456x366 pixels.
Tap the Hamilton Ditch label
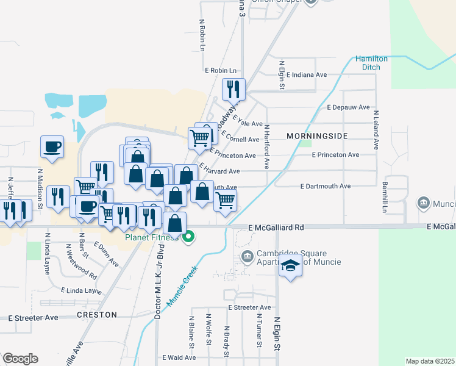click(x=371, y=62)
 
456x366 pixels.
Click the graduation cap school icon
click(x=291, y=267)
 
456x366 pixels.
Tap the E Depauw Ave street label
click(x=348, y=107)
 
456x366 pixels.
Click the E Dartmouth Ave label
click(x=326, y=186)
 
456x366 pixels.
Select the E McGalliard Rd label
click(x=276, y=227)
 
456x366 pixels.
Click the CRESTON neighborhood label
click(x=97, y=315)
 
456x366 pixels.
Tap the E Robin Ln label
click(x=220, y=71)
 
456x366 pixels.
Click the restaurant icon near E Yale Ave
click(x=233, y=90)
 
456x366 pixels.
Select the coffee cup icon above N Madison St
click(x=52, y=146)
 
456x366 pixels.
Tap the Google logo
click(x=20, y=359)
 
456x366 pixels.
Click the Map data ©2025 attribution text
click(x=430, y=361)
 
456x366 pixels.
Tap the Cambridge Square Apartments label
click(x=291, y=257)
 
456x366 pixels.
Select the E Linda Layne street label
click(x=81, y=291)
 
